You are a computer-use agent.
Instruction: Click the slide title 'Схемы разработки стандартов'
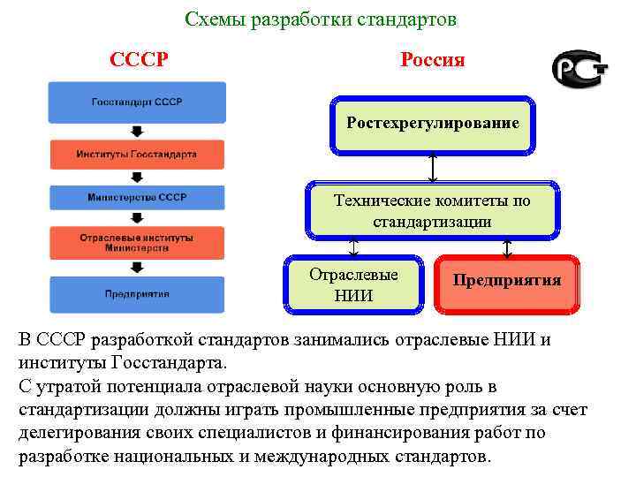[x=322, y=19]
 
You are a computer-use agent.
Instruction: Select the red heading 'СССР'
[x=140, y=60]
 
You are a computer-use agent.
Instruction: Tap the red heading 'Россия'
[x=432, y=60]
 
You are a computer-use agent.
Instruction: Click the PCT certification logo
[x=579, y=68]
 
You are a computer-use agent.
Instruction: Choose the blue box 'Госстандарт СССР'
[x=137, y=102]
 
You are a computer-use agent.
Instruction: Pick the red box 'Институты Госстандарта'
[x=137, y=154]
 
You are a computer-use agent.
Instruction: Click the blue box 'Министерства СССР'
[x=137, y=197]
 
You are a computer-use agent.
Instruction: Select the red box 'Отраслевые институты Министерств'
[x=137, y=243]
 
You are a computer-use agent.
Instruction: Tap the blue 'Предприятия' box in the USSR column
[x=137, y=294]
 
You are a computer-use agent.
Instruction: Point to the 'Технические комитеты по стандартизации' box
[x=432, y=211]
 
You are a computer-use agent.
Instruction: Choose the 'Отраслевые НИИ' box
[x=353, y=284]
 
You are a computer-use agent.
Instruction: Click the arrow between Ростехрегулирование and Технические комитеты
[x=432, y=167]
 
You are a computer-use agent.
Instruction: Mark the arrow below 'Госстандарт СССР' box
[x=137, y=132]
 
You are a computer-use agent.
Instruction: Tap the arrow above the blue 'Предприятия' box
[x=137, y=268]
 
